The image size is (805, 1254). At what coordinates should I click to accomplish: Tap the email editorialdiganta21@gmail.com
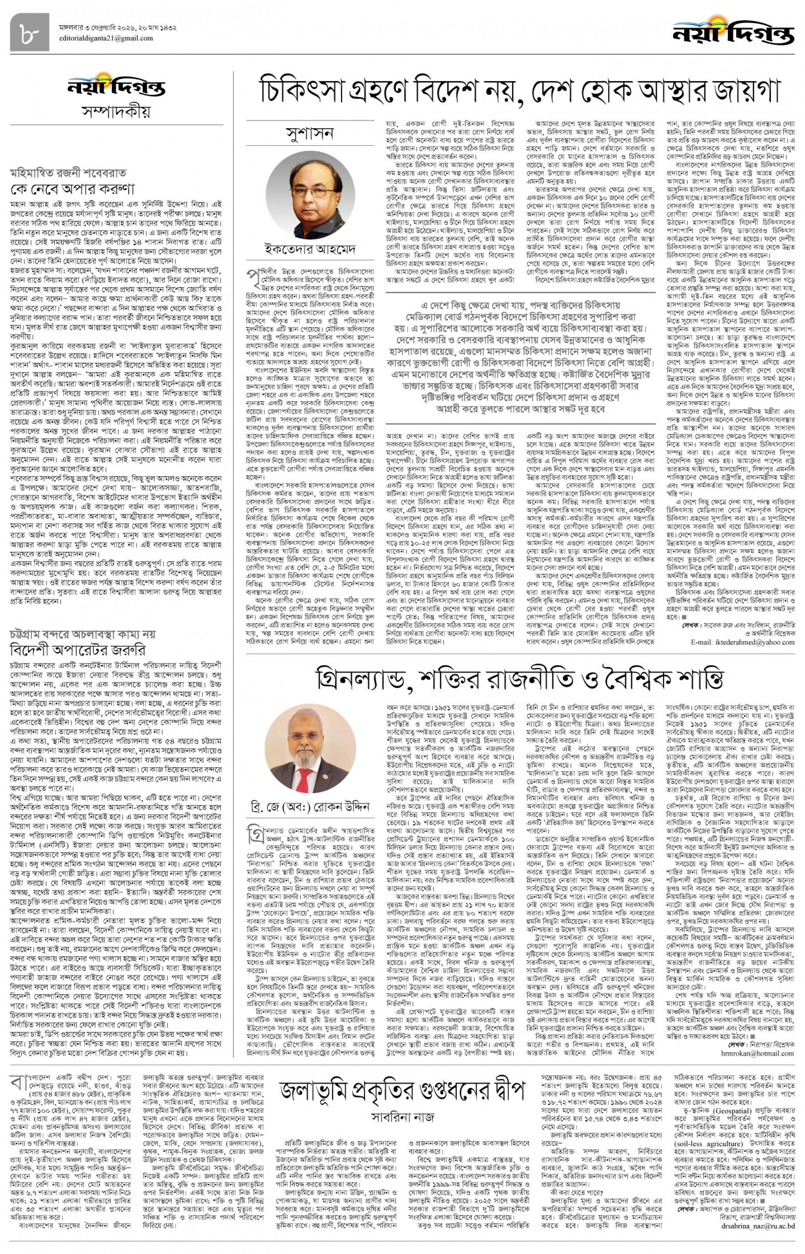pos(106,38)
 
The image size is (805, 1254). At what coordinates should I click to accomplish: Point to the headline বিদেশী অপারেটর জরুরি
pos(77,650)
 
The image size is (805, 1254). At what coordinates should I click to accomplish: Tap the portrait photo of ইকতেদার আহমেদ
pos(310,194)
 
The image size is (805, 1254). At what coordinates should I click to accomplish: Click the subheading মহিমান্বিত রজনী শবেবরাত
pos(68,173)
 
